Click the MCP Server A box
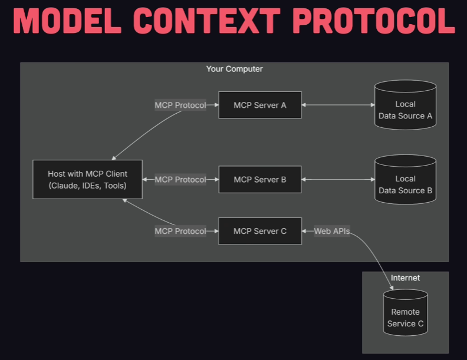[x=259, y=105]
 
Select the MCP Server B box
[x=259, y=180]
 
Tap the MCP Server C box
[x=259, y=231]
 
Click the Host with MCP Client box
[x=87, y=180]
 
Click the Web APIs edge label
[x=331, y=231]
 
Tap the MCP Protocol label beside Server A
[x=180, y=105]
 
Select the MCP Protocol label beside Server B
[x=180, y=180]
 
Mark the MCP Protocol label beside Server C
[x=180, y=231]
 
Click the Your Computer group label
[x=234, y=69]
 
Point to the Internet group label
[x=405, y=278]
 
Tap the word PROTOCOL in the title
[x=373, y=22]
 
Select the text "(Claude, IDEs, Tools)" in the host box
[x=87, y=186]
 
